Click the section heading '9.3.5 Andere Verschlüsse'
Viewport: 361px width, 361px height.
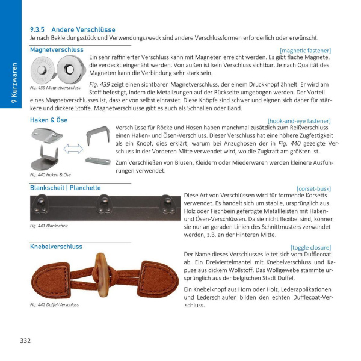pos(72,29)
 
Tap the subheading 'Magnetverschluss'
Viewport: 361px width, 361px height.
pos(57,49)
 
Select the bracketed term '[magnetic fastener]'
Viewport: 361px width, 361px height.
pos(305,50)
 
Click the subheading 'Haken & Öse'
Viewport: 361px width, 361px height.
pos(49,120)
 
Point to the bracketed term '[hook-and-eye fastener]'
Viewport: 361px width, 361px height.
pos(299,120)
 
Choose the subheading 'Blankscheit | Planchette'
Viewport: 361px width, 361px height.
pos(65,188)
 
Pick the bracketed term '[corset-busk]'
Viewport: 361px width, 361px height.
pos(313,188)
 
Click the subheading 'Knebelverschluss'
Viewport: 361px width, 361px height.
pos(57,247)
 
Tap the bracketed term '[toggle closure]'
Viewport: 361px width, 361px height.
pos(310,247)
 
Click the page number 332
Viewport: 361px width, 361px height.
pos(25,341)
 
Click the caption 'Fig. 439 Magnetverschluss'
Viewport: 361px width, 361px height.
pos(55,88)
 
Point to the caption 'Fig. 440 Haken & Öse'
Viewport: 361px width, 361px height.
pos(50,174)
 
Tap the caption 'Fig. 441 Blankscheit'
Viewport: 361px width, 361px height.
pos(49,226)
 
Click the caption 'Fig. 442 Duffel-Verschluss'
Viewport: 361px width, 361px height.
pos(54,304)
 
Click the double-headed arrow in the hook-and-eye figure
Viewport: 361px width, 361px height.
pos(72,149)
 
